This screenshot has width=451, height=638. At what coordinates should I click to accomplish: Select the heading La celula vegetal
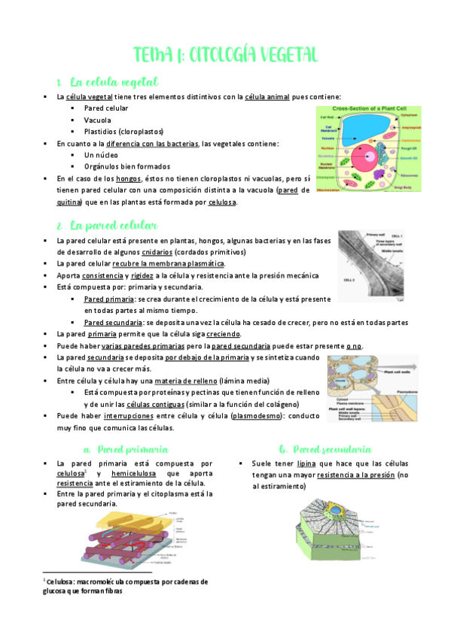tap(113, 81)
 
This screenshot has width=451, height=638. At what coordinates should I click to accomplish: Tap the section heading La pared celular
tap(113, 225)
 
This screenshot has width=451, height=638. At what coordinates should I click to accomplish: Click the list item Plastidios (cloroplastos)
tap(123, 132)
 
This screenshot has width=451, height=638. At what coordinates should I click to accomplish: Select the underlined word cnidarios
tap(157, 252)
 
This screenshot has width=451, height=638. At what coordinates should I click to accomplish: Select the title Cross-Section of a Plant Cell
tap(369, 109)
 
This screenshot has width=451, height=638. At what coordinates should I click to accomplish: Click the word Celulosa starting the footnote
tap(64, 582)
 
